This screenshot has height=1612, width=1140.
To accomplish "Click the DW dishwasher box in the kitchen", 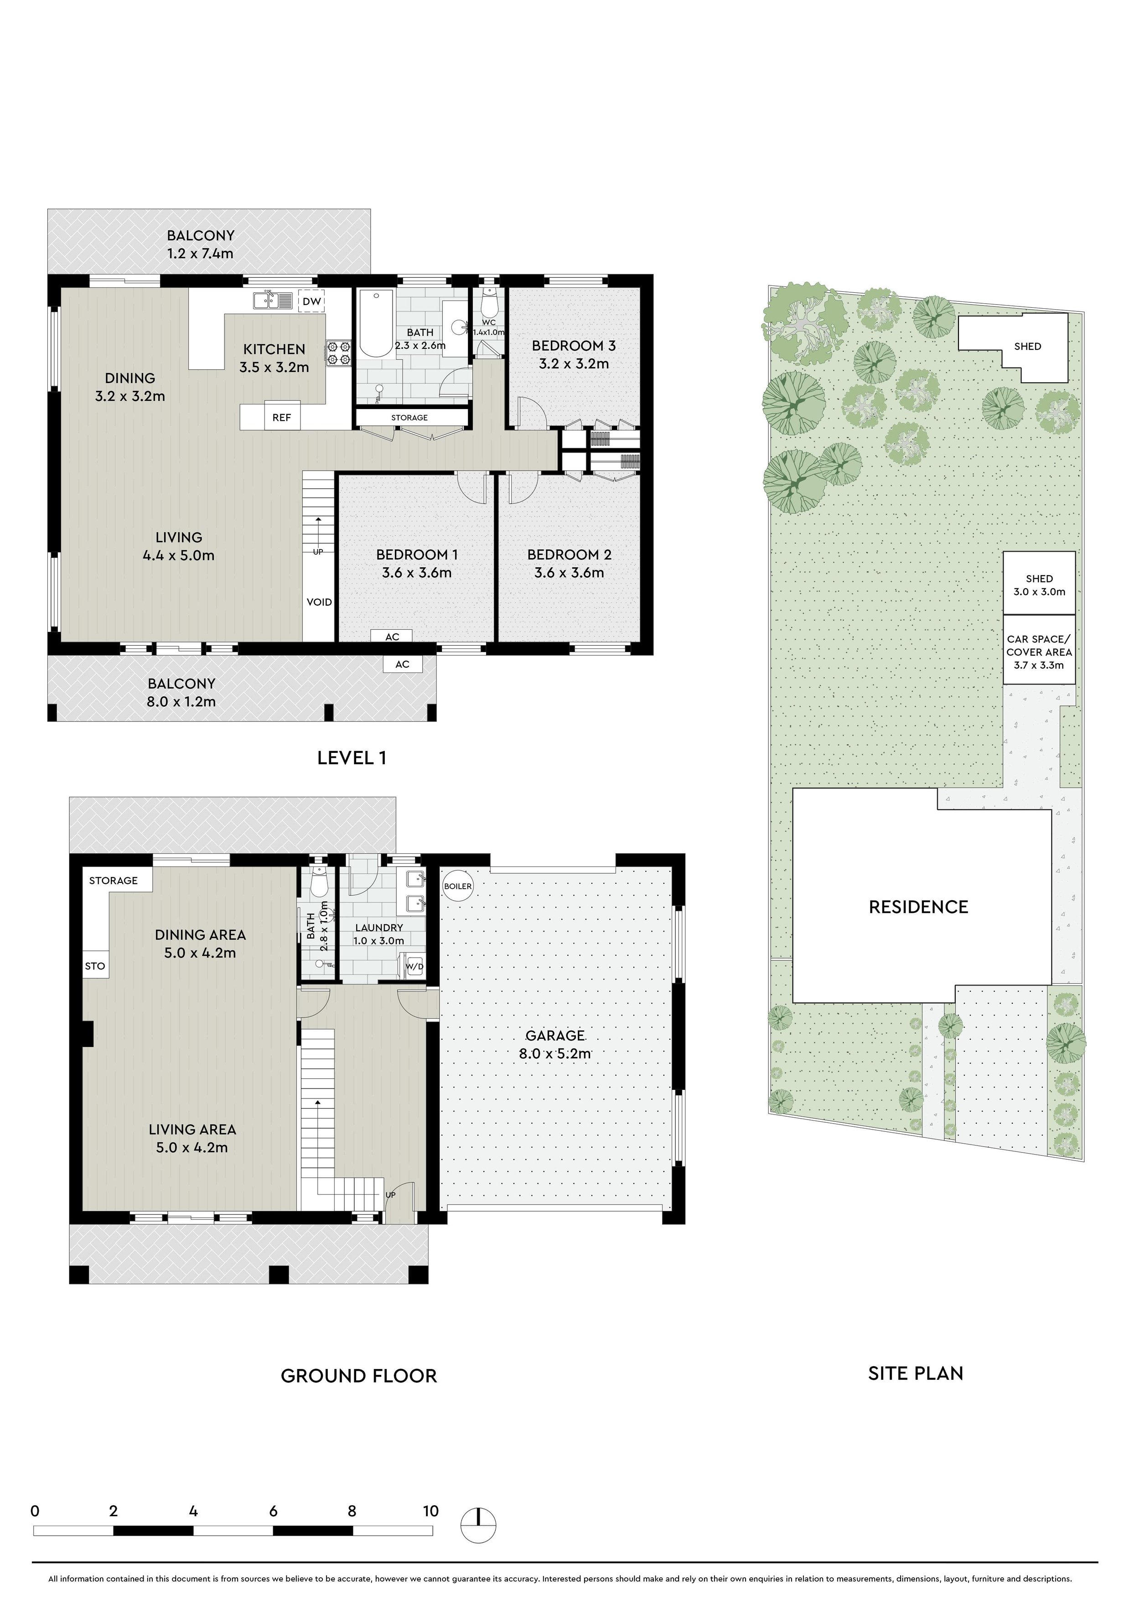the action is (x=311, y=302).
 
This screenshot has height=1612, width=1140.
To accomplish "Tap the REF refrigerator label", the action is (x=281, y=417).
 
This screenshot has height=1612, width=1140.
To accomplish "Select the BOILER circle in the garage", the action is (x=458, y=886).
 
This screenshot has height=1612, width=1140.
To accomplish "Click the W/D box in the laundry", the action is (x=415, y=967).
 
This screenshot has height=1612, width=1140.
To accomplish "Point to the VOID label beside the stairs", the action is (x=319, y=601).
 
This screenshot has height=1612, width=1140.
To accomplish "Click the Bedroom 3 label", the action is (x=574, y=346).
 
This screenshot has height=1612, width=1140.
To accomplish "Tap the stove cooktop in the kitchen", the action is (x=338, y=353).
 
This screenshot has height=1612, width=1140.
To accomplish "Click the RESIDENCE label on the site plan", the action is (x=918, y=907).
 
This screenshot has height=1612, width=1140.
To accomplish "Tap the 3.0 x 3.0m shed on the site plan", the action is (x=1039, y=583).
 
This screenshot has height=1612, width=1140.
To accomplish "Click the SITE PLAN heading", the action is (x=915, y=1374).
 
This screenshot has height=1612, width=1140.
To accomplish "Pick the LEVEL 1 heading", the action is (x=352, y=757).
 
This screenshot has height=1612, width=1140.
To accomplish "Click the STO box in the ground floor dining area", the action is (x=95, y=966).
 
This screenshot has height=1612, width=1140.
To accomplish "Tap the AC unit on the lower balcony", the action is (x=402, y=664).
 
